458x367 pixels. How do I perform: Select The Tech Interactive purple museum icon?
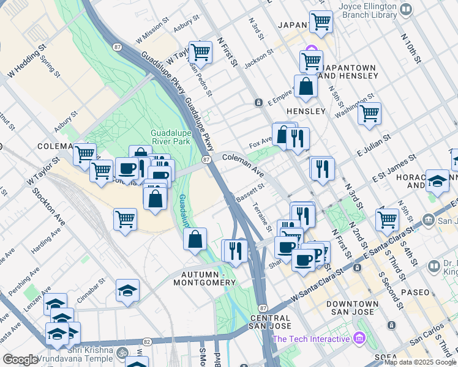point(359,338)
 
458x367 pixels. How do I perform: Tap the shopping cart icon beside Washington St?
point(370,113)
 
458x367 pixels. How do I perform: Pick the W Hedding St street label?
point(26,61)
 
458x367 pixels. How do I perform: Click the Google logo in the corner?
point(20,360)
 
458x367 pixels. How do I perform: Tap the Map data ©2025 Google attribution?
point(420,362)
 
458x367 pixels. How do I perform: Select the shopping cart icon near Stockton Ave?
point(126,218)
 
